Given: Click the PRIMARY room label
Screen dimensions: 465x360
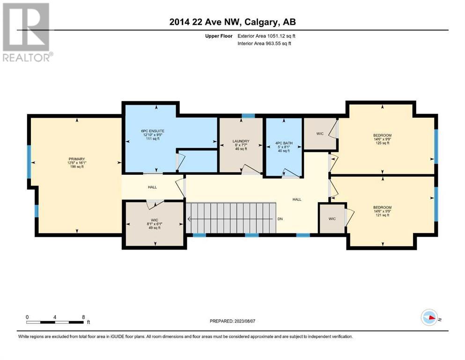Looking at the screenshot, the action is pyautogui.click(x=76, y=159).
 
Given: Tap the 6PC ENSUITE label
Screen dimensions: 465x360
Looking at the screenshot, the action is pyautogui.click(x=153, y=131).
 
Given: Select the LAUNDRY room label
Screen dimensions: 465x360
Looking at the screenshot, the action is pyautogui.click(x=241, y=141).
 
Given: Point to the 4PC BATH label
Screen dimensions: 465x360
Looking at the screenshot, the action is pyautogui.click(x=284, y=143).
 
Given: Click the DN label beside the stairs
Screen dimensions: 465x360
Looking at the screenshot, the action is pyautogui.click(x=280, y=219).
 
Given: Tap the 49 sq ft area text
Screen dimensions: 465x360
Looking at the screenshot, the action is pyautogui.click(x=155, y=228).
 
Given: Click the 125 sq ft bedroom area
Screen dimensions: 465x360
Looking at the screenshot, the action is pyautogui.click(x=382, y=143).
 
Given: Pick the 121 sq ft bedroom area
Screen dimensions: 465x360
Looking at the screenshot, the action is pyautogui.click(x=382, y=215).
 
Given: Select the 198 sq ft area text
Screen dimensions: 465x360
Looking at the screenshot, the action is pyautogui.click(x=76, y=167).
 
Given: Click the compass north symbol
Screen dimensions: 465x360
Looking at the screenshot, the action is pyautogui.click(x=429, y=317).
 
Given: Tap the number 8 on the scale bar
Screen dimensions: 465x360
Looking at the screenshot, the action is pyautogui.click(x=83, y=317).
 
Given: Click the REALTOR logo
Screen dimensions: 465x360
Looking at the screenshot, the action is pyautogui.click(x=27, y=32).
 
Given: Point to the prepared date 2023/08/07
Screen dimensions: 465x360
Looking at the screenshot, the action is pyautogui.click(x=244, y=321).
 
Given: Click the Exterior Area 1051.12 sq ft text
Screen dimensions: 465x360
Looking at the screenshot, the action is pyautogui.click(x=266, y=36).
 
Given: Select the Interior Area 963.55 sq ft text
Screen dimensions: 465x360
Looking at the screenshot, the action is pyautogui.click(x=264, y=43).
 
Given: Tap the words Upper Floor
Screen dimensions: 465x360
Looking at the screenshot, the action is pyautogui.click(x=219, y=36).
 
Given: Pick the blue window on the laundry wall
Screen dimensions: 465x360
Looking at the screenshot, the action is pyautogui.click(x=248, y=116).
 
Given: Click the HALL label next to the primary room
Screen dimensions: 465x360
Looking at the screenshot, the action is pyautogui.click(x=153, y=187).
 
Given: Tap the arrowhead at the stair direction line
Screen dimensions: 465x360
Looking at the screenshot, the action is pyautogui.click(x=189, y=219).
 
